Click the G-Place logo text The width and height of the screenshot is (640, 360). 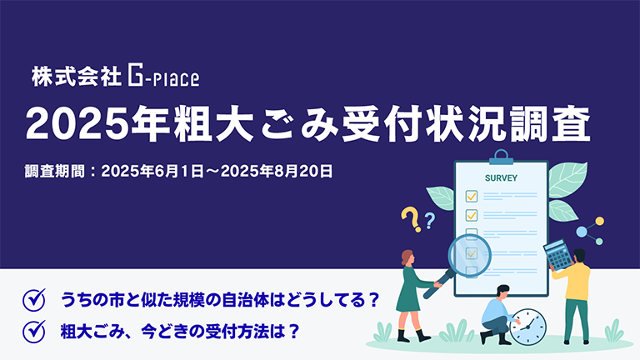point(163,79)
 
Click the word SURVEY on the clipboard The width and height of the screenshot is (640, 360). point(501,178)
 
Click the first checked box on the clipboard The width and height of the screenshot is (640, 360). point(471,197)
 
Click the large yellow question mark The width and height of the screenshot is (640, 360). point(410,219)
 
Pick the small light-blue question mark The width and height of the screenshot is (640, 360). point(430,220)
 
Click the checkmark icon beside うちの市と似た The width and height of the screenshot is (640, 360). point(34,298)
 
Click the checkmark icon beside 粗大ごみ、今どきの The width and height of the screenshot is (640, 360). point(34,329)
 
